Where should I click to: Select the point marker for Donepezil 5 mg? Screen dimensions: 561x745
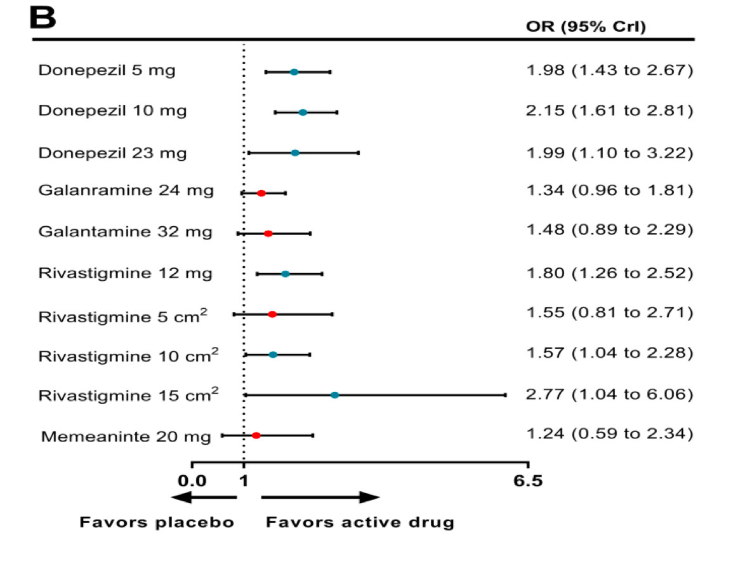[x=294, y=72]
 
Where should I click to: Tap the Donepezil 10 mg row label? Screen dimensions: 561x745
[x=112, y=111]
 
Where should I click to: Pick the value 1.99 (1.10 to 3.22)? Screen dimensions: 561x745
[x=609, y=152]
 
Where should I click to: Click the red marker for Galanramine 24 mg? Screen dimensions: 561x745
[x=261, y=193]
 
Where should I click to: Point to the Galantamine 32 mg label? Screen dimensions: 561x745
[x=125, y=233]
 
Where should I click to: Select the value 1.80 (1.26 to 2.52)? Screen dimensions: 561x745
[x=609, y=273]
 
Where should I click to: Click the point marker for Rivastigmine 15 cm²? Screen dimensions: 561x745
[x=335, y=395]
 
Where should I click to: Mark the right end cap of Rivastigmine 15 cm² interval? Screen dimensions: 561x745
[x=505, y=395]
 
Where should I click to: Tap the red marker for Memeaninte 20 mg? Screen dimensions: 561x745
[x=256, y=435]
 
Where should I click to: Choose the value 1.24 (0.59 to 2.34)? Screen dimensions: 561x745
[x=609, y=435]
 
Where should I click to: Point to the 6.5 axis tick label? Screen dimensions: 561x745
[x=529, y=481]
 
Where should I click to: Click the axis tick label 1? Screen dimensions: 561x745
[x=244, y=481]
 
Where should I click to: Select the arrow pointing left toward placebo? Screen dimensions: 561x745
[x=203, y=497]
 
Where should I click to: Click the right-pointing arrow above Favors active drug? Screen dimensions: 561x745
[x=320, y=497]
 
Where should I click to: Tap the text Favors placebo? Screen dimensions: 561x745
[x=157, y=523]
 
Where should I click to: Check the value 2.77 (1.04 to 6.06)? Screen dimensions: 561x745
[x=609, y=394]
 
